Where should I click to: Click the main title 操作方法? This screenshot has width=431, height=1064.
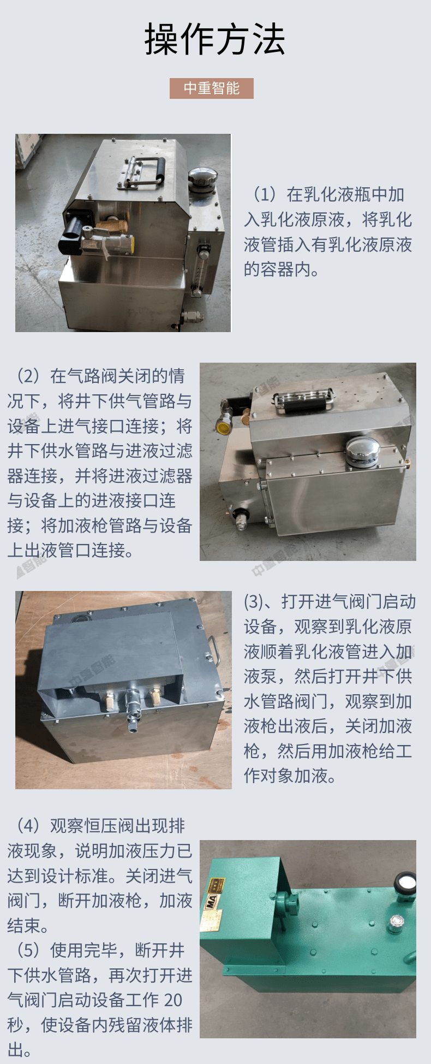[x=215, y=39]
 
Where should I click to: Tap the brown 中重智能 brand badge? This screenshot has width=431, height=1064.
[x=212, y=88]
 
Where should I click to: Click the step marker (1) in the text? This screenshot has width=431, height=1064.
[x=265, y=194]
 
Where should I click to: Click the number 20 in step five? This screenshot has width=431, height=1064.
[x=173, y=1000]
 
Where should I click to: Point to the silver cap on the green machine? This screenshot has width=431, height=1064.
[x=396, y=923]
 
